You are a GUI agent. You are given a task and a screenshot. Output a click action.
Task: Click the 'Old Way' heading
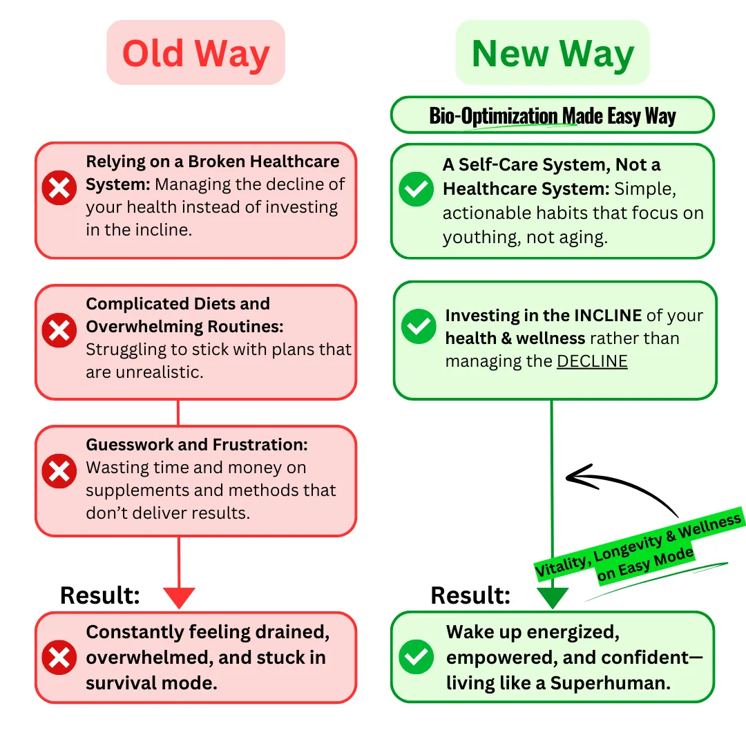pyautogui.click(x=195, y=53)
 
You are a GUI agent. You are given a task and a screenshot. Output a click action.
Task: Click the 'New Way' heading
pyautogui.click(x=553, y=53)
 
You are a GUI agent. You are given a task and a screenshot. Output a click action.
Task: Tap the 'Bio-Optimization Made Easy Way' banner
pyautogui.click(x=553, y=115)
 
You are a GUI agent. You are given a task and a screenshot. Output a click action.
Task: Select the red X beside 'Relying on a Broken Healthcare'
pyautogui.click(x=59, y=188)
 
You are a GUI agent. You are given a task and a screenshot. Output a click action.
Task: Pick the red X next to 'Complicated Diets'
pyautogui.click(x=59, y=330)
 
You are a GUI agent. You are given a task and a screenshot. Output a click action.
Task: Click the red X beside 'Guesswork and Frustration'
pyautogui.click(x=59, y=472)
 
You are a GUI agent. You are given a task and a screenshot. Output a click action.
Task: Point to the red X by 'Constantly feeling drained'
pyautogui.click(x=59, y=657)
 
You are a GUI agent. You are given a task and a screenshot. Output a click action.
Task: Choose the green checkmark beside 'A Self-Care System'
pyautogui.click(x=417, y=189)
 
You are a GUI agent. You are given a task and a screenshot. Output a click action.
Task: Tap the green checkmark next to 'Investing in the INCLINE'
pyautogui.click(x=419, y=326)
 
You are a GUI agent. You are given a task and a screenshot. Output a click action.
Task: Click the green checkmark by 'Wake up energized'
pyautogui.click(x=417, y=657)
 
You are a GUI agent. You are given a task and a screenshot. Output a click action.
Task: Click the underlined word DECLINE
pyautogui.click(x=592, y=361)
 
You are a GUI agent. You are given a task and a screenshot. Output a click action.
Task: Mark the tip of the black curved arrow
pyautogui.click(x=568, y=476)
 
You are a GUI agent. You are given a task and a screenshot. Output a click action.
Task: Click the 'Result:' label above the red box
pyautogui.click(x=100, y=595)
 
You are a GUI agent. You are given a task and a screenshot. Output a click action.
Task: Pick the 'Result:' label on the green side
pyautogui.click(x=470, y=595)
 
